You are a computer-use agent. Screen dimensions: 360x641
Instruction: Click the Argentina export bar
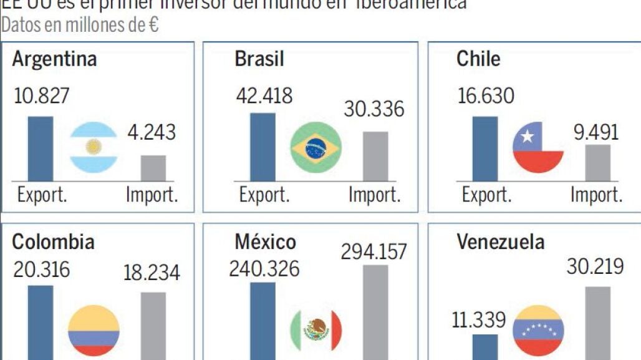coord(41,148)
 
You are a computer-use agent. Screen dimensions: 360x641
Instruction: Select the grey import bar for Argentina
coord(153,168)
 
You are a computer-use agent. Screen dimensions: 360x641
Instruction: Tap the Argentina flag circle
coord(94,147)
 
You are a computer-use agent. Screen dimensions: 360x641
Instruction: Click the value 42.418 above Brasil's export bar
coord(264,96)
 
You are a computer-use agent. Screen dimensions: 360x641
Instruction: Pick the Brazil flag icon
coord(316,147)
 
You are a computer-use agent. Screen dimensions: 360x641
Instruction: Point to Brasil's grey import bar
coord(375,156)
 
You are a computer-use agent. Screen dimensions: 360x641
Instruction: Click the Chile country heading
coord(478,59)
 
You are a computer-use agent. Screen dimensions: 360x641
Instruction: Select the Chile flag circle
coord(538,147)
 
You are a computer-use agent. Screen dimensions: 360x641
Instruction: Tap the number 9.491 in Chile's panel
coord(597,132)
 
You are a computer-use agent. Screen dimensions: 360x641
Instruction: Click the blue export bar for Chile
coord(485,148)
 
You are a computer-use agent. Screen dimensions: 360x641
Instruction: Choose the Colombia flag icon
coord(94,331)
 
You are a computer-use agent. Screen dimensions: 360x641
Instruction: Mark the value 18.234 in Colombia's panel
coord(152,273)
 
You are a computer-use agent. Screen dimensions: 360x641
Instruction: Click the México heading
coord(265,241)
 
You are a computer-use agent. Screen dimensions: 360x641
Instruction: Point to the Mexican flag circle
coord(316,331)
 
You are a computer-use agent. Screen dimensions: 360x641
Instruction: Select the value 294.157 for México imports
coord(374,251)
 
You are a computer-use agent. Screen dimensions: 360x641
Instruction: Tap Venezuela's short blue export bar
coord(485,347)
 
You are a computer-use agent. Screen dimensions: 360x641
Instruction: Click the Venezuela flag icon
coord(538,331)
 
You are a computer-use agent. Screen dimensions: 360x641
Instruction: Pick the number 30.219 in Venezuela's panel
coord(595,267)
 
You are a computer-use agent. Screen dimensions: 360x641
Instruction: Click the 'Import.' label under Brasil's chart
coord(374,195)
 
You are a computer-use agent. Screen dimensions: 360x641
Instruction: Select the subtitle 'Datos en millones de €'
coord(79,26)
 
